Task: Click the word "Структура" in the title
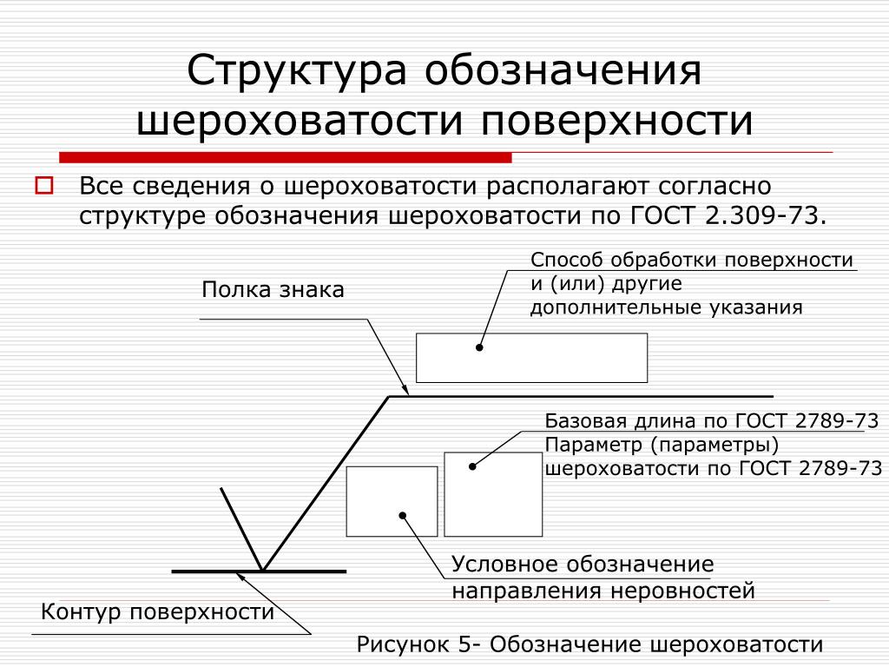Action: point(297,72)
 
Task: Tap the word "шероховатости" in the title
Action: point(300,120)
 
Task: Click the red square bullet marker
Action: point(44,186)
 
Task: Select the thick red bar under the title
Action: point(285,158)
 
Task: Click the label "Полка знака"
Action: point(273,290)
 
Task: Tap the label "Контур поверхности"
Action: point(158,612)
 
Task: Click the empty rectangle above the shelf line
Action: point(532,358)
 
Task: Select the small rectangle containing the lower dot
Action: point(392,501)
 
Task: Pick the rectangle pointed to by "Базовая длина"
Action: point(493,494)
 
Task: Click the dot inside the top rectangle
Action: point(479,347)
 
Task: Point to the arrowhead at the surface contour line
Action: point(240,577)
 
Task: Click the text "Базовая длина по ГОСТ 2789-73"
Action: point(712,421)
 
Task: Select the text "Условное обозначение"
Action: point(583,565)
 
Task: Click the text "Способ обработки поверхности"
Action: point(692,260)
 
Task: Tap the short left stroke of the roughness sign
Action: point(241,529)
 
